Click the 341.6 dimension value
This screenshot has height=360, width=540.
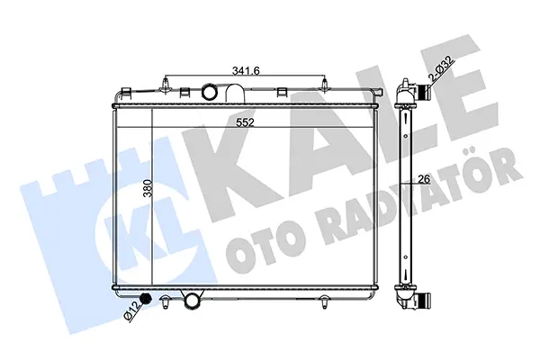[246, 70]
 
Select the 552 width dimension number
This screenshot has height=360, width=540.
[245, 122]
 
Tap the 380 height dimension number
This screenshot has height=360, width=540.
[148, 188]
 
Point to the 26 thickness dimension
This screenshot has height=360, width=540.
[424, 179]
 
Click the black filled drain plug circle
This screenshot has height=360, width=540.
[147, 299]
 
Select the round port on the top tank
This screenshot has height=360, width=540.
[209, 92]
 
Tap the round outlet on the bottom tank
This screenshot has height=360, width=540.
[193, 301]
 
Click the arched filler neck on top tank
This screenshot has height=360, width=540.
[236, 93]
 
